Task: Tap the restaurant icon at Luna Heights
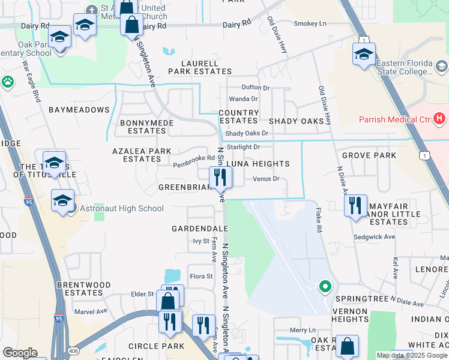[220, 177]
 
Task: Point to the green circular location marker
[325, 287]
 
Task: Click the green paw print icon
[8, 82]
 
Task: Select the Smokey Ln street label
[310, 24]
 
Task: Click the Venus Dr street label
[266, 179]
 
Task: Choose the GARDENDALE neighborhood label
[199, 229]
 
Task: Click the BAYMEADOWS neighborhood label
[79, 110]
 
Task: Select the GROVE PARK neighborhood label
[369, 156]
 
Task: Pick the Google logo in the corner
[20, 353]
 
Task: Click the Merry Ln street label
[303, 330]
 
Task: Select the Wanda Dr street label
[243, 99]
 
